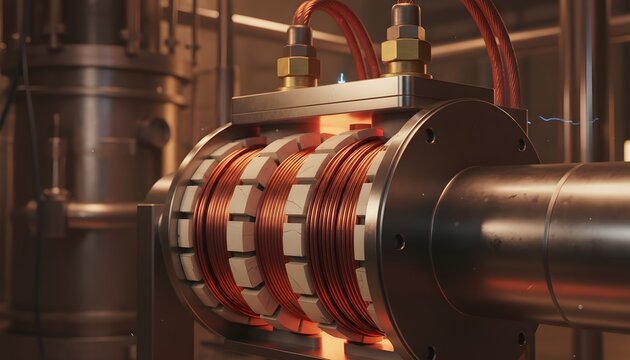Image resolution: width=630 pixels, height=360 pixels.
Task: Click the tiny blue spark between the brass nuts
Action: click(x=341, y=77)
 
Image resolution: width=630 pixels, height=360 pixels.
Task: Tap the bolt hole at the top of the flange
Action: click(x=430, y=135)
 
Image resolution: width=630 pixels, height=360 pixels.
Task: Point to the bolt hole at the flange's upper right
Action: click(x=520, y=144)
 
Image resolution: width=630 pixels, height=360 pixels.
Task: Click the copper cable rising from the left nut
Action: click(x=340, y=30)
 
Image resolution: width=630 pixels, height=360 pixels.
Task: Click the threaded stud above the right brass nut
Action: click(x=405, y=14)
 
